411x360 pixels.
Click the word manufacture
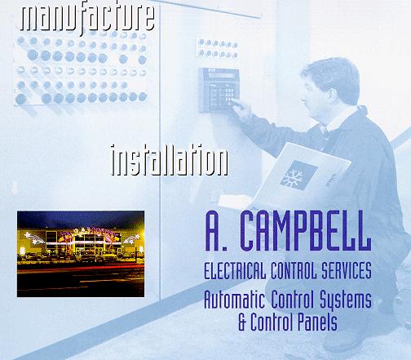click(x=87, y=19)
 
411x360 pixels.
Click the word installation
click(x=170, y=161)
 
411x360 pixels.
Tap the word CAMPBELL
click(x=306, y=231)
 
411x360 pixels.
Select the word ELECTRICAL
click(x=235, y=270)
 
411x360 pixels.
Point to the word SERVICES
click(x=347, y=270)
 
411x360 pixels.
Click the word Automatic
click(x=234, y=299)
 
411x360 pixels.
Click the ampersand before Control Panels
click(x=242, y=322)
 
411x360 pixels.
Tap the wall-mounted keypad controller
click(x=219, y=90)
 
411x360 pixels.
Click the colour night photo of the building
click(x=81, y=254)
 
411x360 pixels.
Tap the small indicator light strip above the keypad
click(x=217, y=48)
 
